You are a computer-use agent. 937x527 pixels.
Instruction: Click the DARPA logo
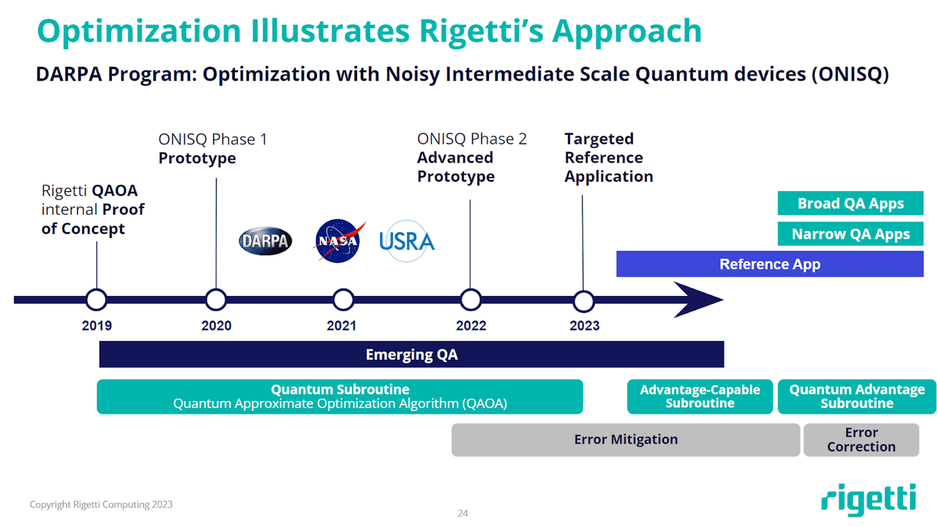265,241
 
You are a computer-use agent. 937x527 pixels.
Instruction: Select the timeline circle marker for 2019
96,300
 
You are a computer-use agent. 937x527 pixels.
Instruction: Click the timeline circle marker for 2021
343,300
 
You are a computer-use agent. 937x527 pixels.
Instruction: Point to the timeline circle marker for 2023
583,301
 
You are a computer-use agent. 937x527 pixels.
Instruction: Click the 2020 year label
216,325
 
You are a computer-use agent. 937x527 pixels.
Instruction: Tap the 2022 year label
471,325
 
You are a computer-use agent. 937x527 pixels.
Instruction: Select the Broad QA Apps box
850,204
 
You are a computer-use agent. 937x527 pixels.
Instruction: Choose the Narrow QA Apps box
850,235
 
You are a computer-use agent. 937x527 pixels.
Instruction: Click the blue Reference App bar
769,265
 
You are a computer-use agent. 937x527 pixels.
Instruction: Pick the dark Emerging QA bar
411,355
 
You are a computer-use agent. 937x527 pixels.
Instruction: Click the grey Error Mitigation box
625,440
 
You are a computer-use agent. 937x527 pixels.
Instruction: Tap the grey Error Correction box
861,440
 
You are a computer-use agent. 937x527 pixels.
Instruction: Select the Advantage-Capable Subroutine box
700,397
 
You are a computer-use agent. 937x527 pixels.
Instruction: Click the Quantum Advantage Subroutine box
856,397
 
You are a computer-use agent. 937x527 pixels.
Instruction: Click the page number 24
463,513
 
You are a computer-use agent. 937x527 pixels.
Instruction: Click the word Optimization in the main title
138,31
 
